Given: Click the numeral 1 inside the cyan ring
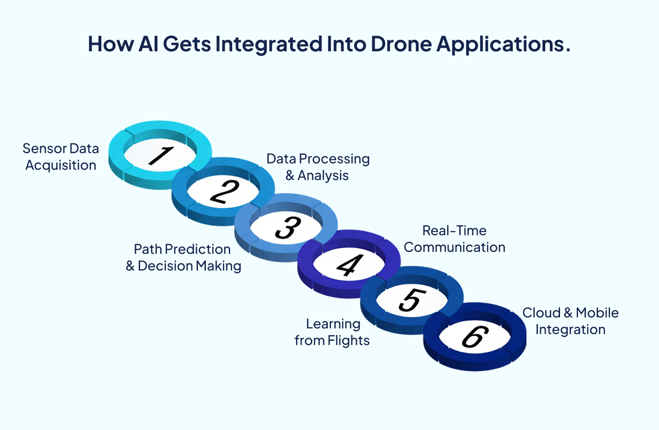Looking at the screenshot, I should [160, 155].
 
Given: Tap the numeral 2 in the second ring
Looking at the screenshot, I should [224, 191].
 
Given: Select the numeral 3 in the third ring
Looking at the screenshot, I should [288, 227].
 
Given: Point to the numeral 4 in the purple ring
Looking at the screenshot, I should [350, 265].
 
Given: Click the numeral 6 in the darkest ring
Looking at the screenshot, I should [475, 337].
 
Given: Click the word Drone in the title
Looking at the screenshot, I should [401, 44].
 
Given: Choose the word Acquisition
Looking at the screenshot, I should [61, 165].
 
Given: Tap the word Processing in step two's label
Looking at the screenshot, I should [334, 159].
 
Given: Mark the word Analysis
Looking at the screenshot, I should [323, 176].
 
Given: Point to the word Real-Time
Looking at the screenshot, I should [454, 231].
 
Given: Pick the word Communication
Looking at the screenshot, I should [455, 247].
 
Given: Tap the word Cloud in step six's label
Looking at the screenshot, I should [541, 313].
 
